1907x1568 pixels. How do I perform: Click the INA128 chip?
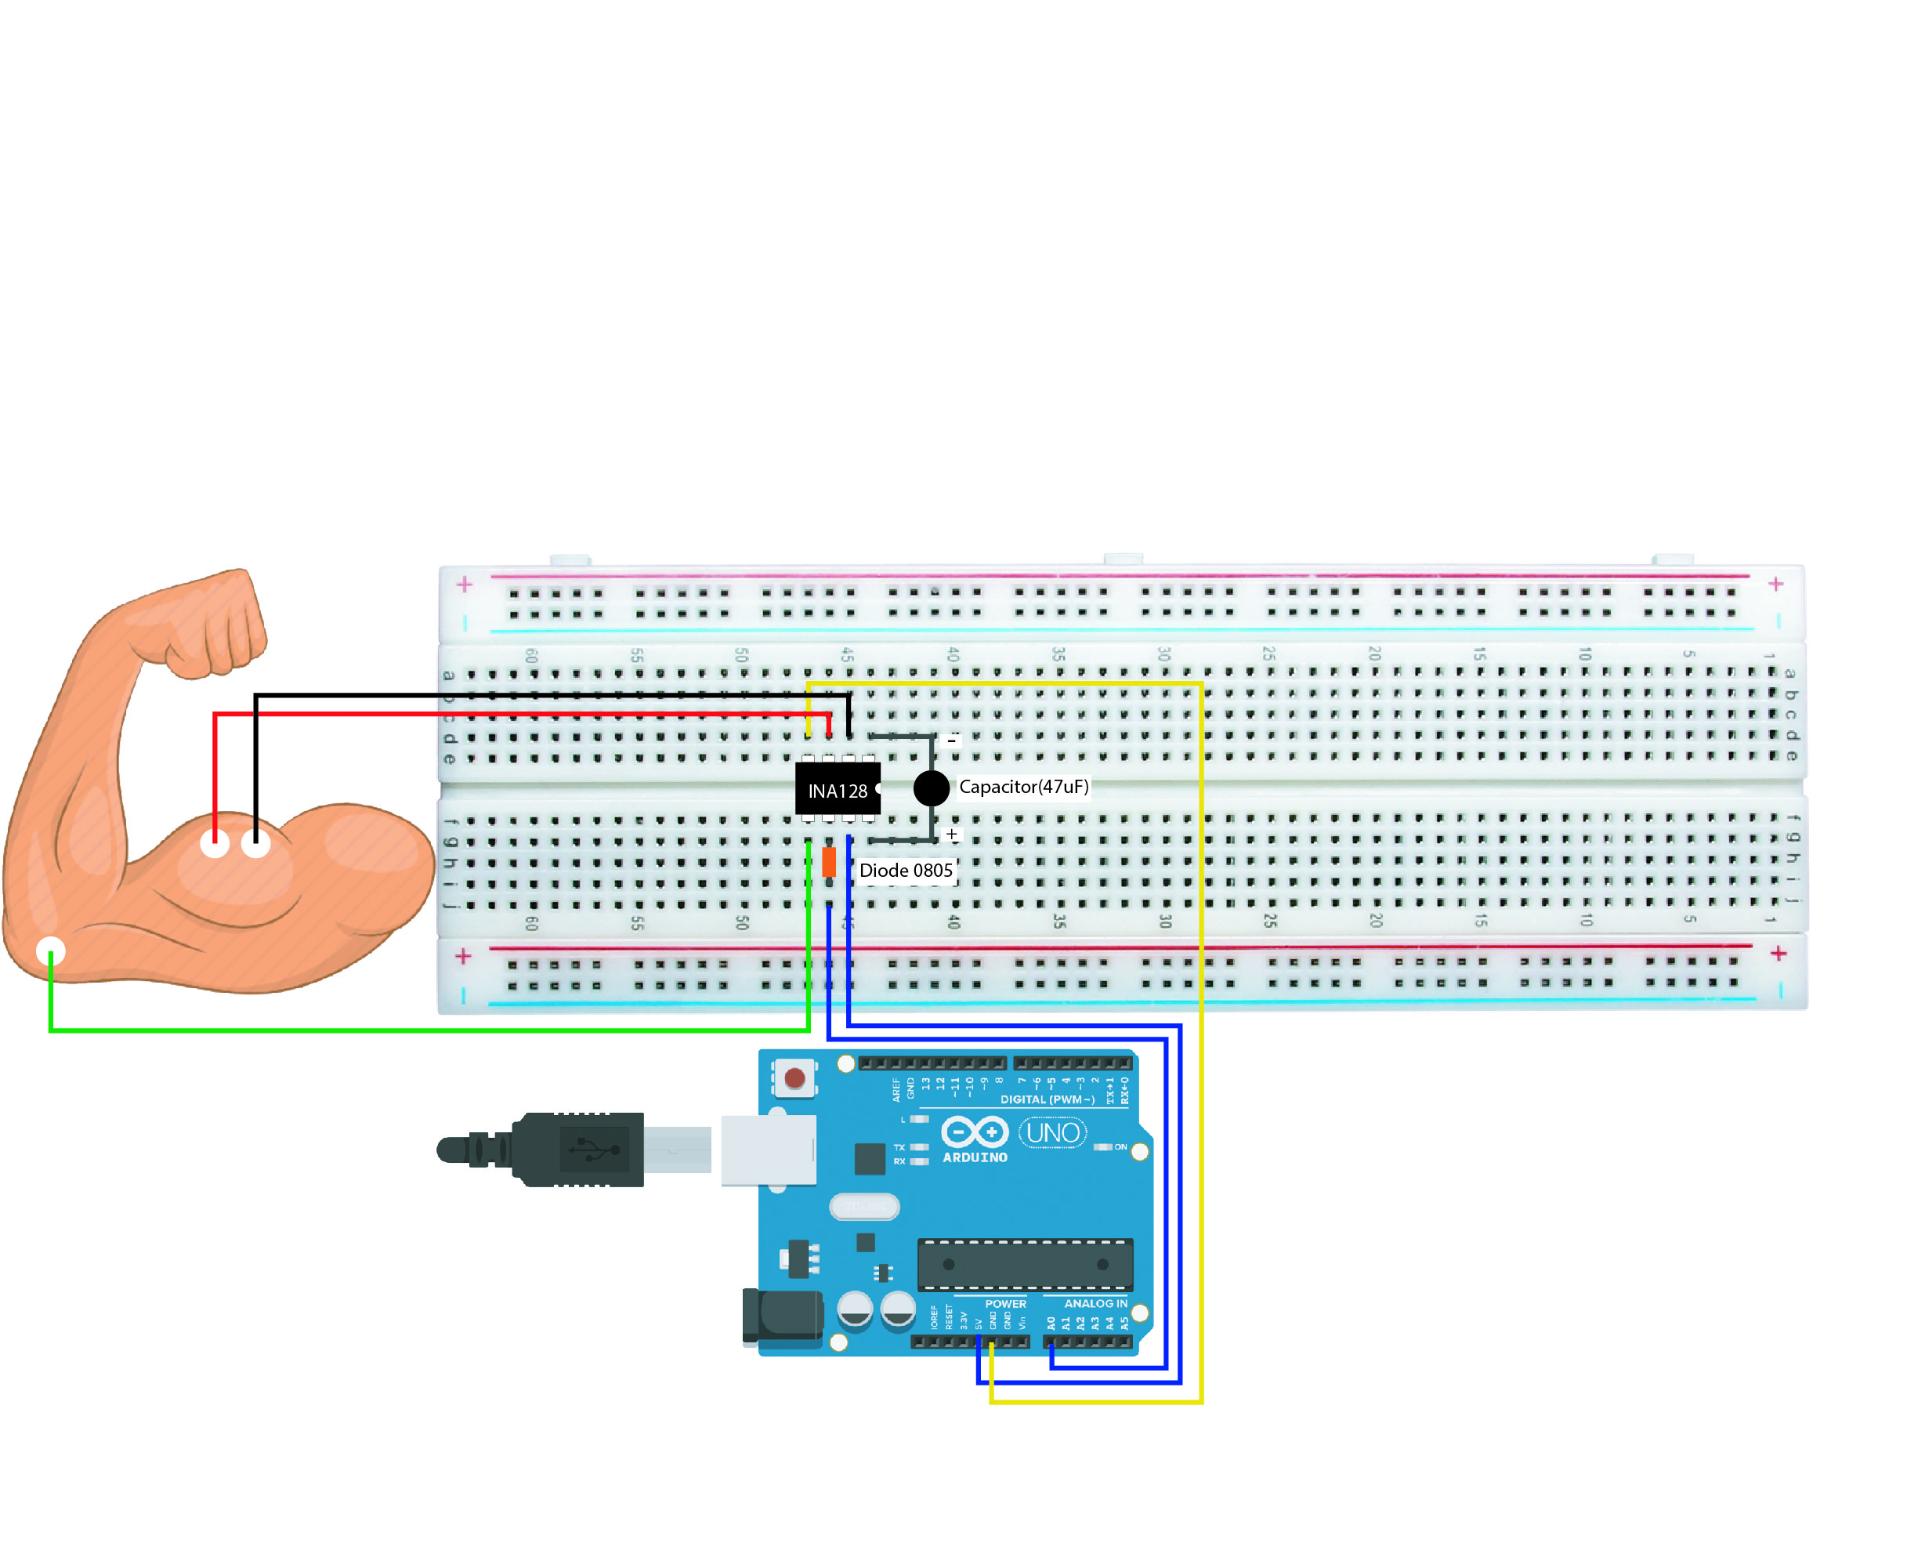click(x=837, y=791)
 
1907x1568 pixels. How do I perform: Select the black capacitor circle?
click(x=931, y=788)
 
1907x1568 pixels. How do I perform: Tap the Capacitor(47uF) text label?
click(x=1023, y=787)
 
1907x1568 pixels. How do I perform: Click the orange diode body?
click(x=828, y=862)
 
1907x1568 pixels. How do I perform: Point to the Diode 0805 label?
click(x=906, y=871)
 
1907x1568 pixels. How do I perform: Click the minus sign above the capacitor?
click(x=952, y=741)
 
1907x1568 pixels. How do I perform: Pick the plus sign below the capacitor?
click(x=952, y=835)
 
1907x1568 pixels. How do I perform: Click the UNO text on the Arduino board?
click(x=1053, y=1132)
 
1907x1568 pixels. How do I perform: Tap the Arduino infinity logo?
click(x=975, y=1132)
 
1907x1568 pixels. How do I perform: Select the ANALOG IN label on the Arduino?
click(x=1095, y=1303)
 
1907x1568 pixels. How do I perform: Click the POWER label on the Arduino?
click(x=1005, y=1303)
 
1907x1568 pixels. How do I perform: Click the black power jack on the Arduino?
click(x=782, y=1316)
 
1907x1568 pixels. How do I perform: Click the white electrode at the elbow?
click(x=51, y=951)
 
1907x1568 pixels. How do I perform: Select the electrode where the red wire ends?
click(x=214, y=844)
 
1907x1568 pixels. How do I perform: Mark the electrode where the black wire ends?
click(x=255, y=844)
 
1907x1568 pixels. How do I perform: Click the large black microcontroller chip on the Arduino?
click(x=1024, y=1265)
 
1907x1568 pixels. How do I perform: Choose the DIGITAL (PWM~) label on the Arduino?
click(x=1047, y=1099)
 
